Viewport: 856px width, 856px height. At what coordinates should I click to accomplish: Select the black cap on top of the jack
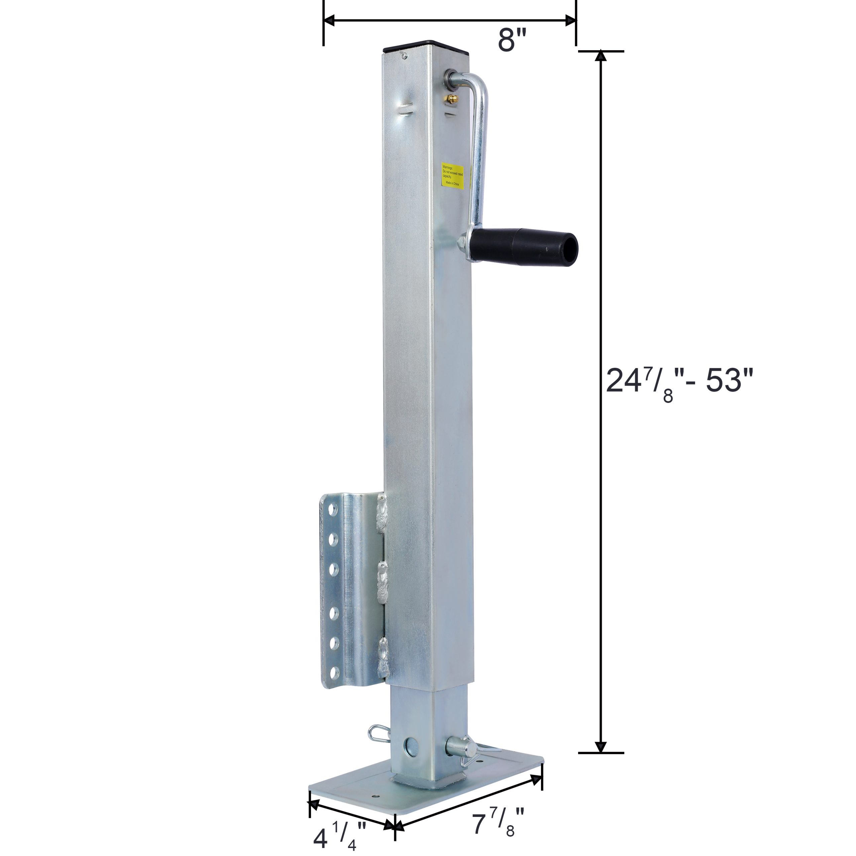click(428, 45)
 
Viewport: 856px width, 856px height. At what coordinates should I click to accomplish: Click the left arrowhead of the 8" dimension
click(329, 20)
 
